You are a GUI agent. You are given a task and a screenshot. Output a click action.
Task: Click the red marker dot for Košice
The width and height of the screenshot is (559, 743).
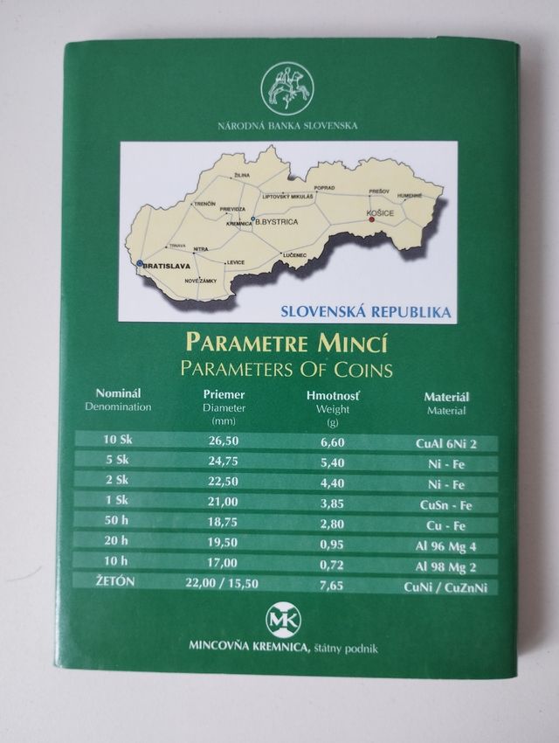coord(371,220)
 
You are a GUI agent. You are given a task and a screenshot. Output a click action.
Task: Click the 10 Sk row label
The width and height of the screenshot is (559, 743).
coord(118,441)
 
